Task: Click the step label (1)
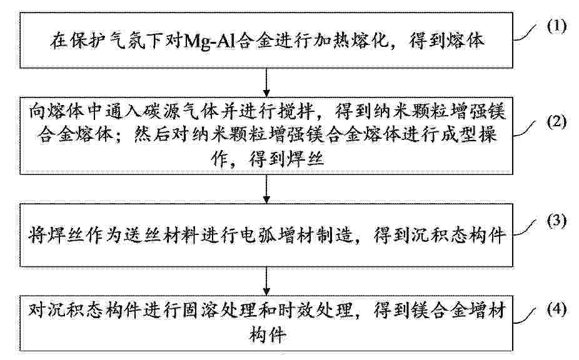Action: coord(556,27)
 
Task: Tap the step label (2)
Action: coord(556,122)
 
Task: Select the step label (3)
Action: coord(556,221)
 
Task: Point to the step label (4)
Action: coord(556,309)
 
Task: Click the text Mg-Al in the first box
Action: coord(208,41)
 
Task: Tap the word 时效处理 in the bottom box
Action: coord(317,311)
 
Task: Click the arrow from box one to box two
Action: coord(266,82)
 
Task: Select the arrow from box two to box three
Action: coord(266,189)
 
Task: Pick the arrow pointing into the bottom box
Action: coord(266,281)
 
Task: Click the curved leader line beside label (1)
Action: coord(525,34)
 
